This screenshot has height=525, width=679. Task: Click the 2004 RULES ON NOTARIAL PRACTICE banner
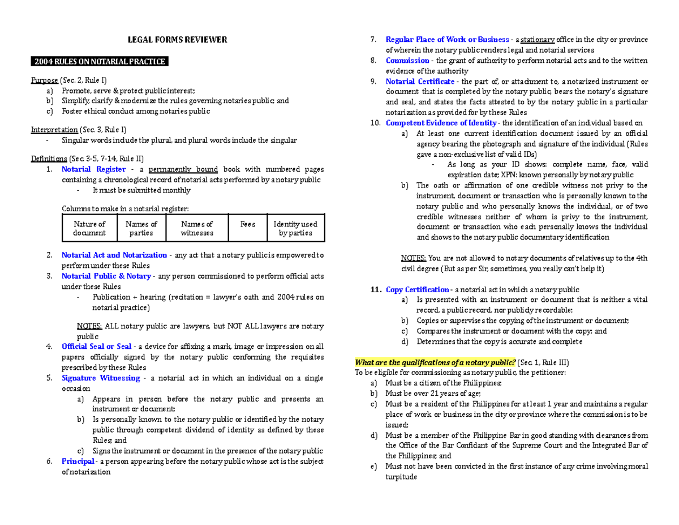[x=100, y=61]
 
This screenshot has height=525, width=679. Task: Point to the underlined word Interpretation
[x=54, y=130]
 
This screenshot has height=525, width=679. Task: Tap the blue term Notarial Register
[x=93, y=169]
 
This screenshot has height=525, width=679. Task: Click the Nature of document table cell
[x=89, y=228]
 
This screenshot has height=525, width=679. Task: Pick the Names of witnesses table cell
[x=197, y=228]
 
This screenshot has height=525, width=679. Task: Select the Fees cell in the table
[x=248, y=224]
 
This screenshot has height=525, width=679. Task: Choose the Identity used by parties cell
[x=295, y=228]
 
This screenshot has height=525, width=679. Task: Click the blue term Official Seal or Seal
[x=96, y=347]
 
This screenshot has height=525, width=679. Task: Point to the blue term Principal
[x=78, y=462]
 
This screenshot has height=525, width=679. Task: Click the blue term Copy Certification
[x=418, y=290]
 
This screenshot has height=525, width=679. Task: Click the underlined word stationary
[x=538, y=40]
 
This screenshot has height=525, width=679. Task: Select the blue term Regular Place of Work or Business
[x=447, y=40]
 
